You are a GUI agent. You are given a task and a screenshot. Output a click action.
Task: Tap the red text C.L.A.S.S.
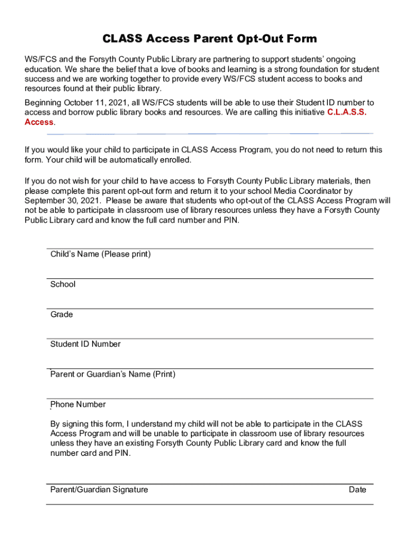pyautogui.click(x=347, y=112)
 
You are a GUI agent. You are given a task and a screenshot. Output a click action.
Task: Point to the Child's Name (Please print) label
pyautogui.click(x=100, y=254)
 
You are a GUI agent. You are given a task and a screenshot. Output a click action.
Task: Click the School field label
pyautogui.click(x=63, y=284)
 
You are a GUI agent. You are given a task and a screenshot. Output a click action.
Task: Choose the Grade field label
pyautogui.click(x=62, y=314)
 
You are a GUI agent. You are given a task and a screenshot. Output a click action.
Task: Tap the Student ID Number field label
pyautogui.click(x=86, y=344)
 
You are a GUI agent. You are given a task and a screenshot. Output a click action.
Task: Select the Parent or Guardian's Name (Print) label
pyautogui.click(x=113, y=374)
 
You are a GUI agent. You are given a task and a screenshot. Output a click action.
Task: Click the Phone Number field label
pyautogui.click(x=78, y=405)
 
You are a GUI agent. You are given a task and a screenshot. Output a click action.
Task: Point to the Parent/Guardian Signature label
pyautogui.click(x=99, y=490)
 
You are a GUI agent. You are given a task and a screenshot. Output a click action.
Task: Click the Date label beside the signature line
pyautogui.click(x=357, y=490)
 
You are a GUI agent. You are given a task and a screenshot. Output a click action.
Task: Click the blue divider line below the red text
pyautogui.click(x=210, y=134)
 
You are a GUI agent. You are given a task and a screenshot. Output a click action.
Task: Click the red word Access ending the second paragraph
pyautogui.click(x=39, y=122)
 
